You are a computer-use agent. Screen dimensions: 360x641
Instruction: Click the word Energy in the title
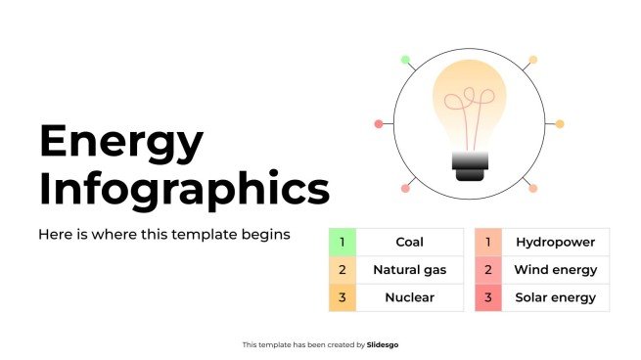pos(121,143)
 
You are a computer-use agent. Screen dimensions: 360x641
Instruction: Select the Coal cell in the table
pos(409,242)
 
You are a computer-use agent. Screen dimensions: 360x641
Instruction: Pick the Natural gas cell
pos(409,269)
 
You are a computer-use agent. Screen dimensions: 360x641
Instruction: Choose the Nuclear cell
pos(409,297)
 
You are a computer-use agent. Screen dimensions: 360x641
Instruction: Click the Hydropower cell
pos(555,242)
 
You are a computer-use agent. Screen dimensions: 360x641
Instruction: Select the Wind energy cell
pos(555,269)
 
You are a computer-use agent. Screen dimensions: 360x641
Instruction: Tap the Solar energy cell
pos(555,297)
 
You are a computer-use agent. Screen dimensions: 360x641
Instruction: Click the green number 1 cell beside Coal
pos(343,242)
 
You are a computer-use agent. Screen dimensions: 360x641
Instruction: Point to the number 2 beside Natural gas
pos(343,269)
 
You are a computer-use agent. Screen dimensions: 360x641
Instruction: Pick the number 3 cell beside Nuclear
pos(343,297)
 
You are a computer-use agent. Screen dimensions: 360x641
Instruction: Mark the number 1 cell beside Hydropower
pos(488,242)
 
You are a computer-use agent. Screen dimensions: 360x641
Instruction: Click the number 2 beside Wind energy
pos(488,269)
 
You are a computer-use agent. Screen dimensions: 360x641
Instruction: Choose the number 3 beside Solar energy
pos(488,297)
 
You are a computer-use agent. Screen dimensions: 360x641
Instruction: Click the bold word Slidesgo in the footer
pos(383,344)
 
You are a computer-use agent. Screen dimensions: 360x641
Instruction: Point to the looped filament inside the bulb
pos(468,102)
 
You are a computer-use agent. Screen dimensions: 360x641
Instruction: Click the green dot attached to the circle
pos(405,60)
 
